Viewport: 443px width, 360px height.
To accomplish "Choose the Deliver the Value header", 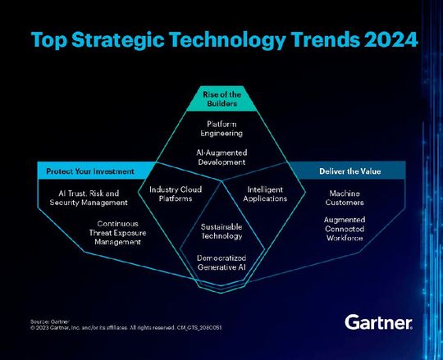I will click(350, 171).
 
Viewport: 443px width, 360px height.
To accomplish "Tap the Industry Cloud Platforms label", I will click(171, 194).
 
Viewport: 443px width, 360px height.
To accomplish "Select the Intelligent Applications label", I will click(265, 194).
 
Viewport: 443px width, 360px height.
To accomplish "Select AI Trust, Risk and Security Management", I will click(83, 198).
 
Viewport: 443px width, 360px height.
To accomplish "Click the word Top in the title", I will click(48, 39).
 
